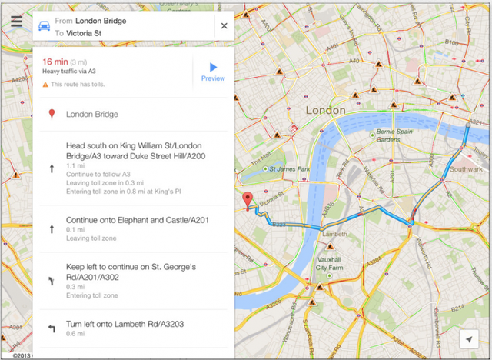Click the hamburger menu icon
tap(16, 22)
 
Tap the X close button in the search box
tap(224, 25)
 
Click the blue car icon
tap(45, 26)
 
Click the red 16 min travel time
tap(55, 62)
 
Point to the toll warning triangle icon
tap(45, 84)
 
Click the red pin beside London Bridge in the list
tap(52, 115)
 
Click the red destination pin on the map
tap(248, 200)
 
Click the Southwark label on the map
tap(466, 169)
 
